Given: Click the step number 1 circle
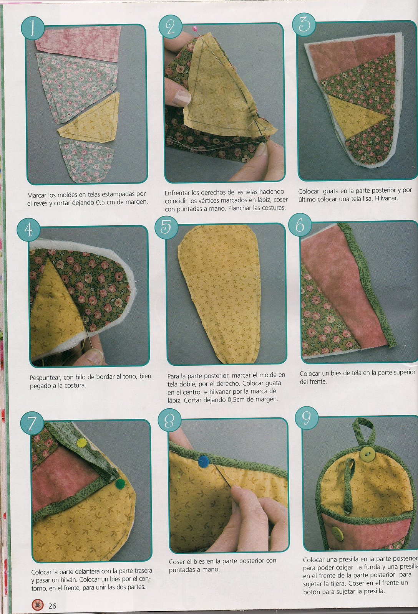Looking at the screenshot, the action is coord(33,28).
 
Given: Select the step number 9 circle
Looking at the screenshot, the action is coord(307,418).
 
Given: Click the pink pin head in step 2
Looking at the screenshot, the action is coord(195,28).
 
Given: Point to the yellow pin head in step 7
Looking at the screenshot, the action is coord(81,442).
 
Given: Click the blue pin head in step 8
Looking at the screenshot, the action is coord(203,461).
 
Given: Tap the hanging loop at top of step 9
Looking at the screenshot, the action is coord(363,430).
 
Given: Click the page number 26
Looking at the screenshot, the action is coord(52,606).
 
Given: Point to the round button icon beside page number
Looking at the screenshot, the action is coord(37,604).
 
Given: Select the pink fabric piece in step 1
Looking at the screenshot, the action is coord(78,43).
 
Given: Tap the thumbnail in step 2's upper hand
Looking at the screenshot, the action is coord(182,97).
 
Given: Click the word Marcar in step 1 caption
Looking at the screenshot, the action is coord(37,195).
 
